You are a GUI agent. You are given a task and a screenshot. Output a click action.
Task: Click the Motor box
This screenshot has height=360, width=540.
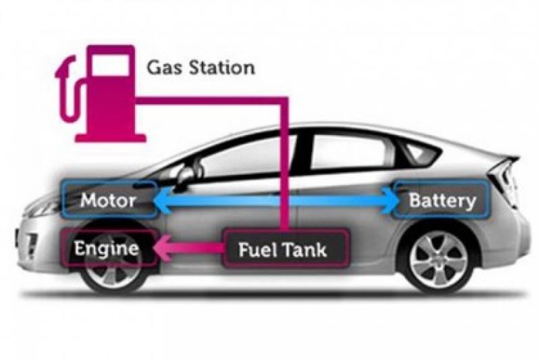click(x=108, y=201)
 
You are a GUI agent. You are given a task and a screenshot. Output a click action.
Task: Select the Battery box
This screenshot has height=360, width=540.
click(x=441, y=201)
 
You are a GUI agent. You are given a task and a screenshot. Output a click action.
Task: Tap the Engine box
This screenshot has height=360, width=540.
click(x=107, y=248)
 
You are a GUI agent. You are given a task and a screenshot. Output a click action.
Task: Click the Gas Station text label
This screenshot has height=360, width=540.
click(x=200, y=68)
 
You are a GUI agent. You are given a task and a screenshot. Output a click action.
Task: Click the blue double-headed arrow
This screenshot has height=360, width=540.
click(x=277, y=201)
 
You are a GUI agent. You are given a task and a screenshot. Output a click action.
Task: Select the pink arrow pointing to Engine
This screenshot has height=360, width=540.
click(x=188, y=249)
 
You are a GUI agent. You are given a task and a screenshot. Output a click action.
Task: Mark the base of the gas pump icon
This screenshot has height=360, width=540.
click(x=110, y=138)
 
